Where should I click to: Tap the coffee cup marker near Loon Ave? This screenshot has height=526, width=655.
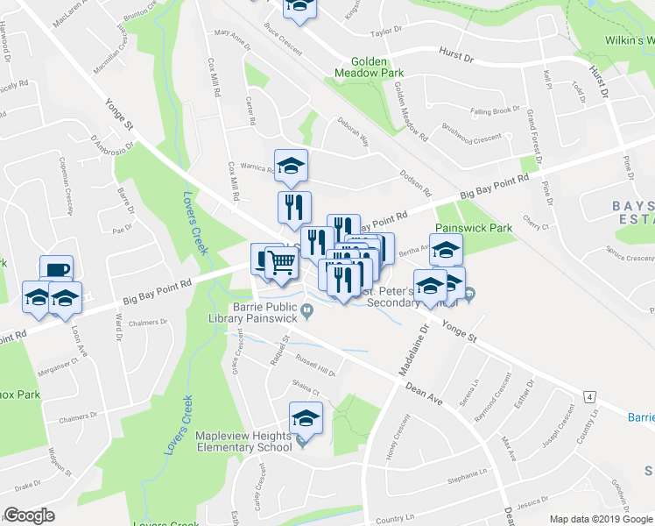click(56, 271)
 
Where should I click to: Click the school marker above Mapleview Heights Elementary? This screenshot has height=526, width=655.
click(306, 416)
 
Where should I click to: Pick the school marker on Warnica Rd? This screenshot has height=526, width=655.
click(291, 164)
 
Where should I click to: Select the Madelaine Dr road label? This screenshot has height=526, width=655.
click(415, 350)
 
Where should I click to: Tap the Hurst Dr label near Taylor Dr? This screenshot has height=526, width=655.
click(455, 58)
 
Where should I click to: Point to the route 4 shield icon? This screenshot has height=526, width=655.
click(592, 398)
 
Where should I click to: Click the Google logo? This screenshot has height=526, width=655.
click(29, 515)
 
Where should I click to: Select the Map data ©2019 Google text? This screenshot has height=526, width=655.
click(601, 519)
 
